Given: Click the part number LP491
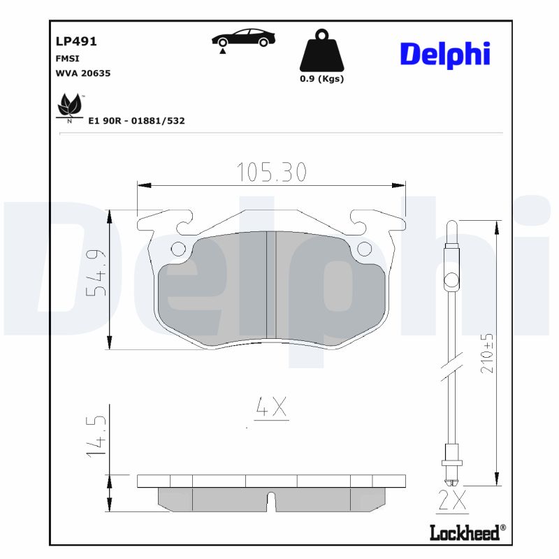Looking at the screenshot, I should (75, 41).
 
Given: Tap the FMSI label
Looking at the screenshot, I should (67, 59).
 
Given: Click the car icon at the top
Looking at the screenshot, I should (243, 38).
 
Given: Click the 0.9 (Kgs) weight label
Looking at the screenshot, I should (321, 79).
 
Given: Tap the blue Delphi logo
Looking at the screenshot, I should (445, 55).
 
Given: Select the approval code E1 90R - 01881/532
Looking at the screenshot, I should (136, 121).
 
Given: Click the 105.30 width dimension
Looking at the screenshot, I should (271, 172).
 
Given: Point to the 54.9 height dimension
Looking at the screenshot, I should (96, 272).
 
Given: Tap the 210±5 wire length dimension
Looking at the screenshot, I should (488, 353).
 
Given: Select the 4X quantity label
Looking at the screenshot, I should (271, 407).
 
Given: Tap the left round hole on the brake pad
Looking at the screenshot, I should (178, 248).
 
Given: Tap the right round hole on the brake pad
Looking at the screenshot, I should (364, 248).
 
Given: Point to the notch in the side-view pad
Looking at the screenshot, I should (272, 501).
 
